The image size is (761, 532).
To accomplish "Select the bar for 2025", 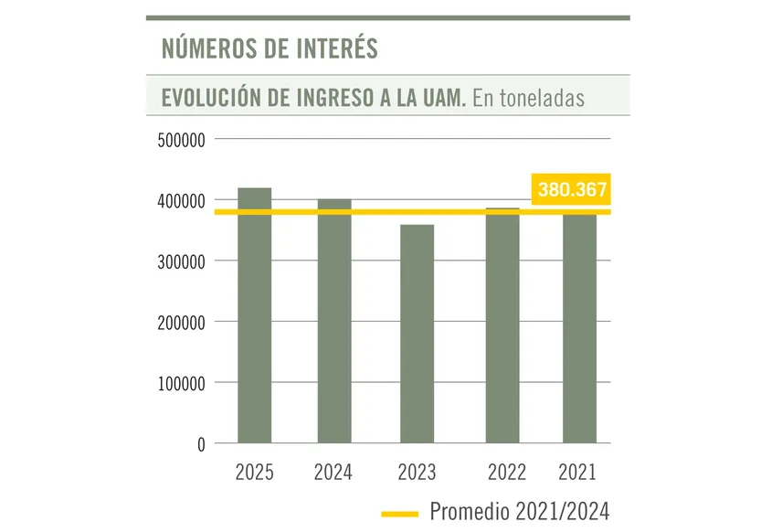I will (254, 315).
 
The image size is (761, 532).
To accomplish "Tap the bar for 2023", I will (417, 334).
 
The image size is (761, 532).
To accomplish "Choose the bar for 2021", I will (579, 329).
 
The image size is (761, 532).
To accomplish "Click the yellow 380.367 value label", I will (572, 191).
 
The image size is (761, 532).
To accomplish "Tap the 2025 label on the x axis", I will (254, 473).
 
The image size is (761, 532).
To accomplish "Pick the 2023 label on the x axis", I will (417, 473).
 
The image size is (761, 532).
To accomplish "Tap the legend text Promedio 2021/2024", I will (519, 510).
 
